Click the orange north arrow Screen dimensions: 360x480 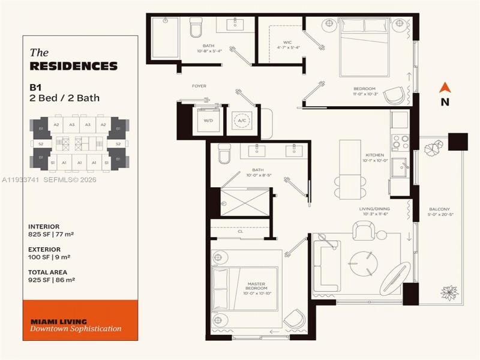[x=445, y=88]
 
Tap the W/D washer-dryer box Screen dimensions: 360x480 [x=208, y=119]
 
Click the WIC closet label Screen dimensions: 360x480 [x=287, y=43]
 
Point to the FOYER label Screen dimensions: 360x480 [x=199, y=86]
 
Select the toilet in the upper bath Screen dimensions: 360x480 [x=196, y=27]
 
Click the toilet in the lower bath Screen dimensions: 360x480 [x=224, y=154]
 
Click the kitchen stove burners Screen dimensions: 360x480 [x=400, y=142]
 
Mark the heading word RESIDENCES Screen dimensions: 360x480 [x=73, y=66]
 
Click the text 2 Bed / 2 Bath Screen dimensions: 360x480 [x=64, y=98]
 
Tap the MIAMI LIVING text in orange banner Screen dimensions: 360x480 [x=58, y=321]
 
